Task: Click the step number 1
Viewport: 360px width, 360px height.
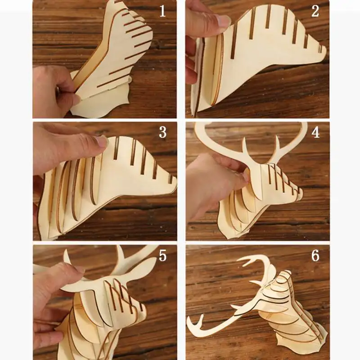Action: pos(162,11)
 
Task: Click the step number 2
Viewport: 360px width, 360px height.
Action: pos(315,11)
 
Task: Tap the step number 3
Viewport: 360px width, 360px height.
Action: pos(162,132)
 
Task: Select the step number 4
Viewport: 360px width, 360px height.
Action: pos(315,132)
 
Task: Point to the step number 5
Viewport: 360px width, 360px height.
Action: pos(162,255)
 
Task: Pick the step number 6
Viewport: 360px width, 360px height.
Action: pos(315,255)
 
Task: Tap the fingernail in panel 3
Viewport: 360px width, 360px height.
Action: pos(102,141)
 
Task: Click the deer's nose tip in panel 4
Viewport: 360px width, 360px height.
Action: pos(301,193)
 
